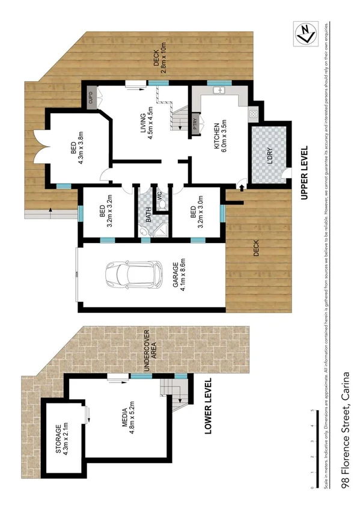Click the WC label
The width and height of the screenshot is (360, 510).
click(160, 195)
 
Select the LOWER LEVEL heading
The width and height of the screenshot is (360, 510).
click(209, 406)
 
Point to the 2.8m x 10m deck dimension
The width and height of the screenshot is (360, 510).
click(162, 58)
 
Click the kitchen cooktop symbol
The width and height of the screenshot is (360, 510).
click(253, 112)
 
